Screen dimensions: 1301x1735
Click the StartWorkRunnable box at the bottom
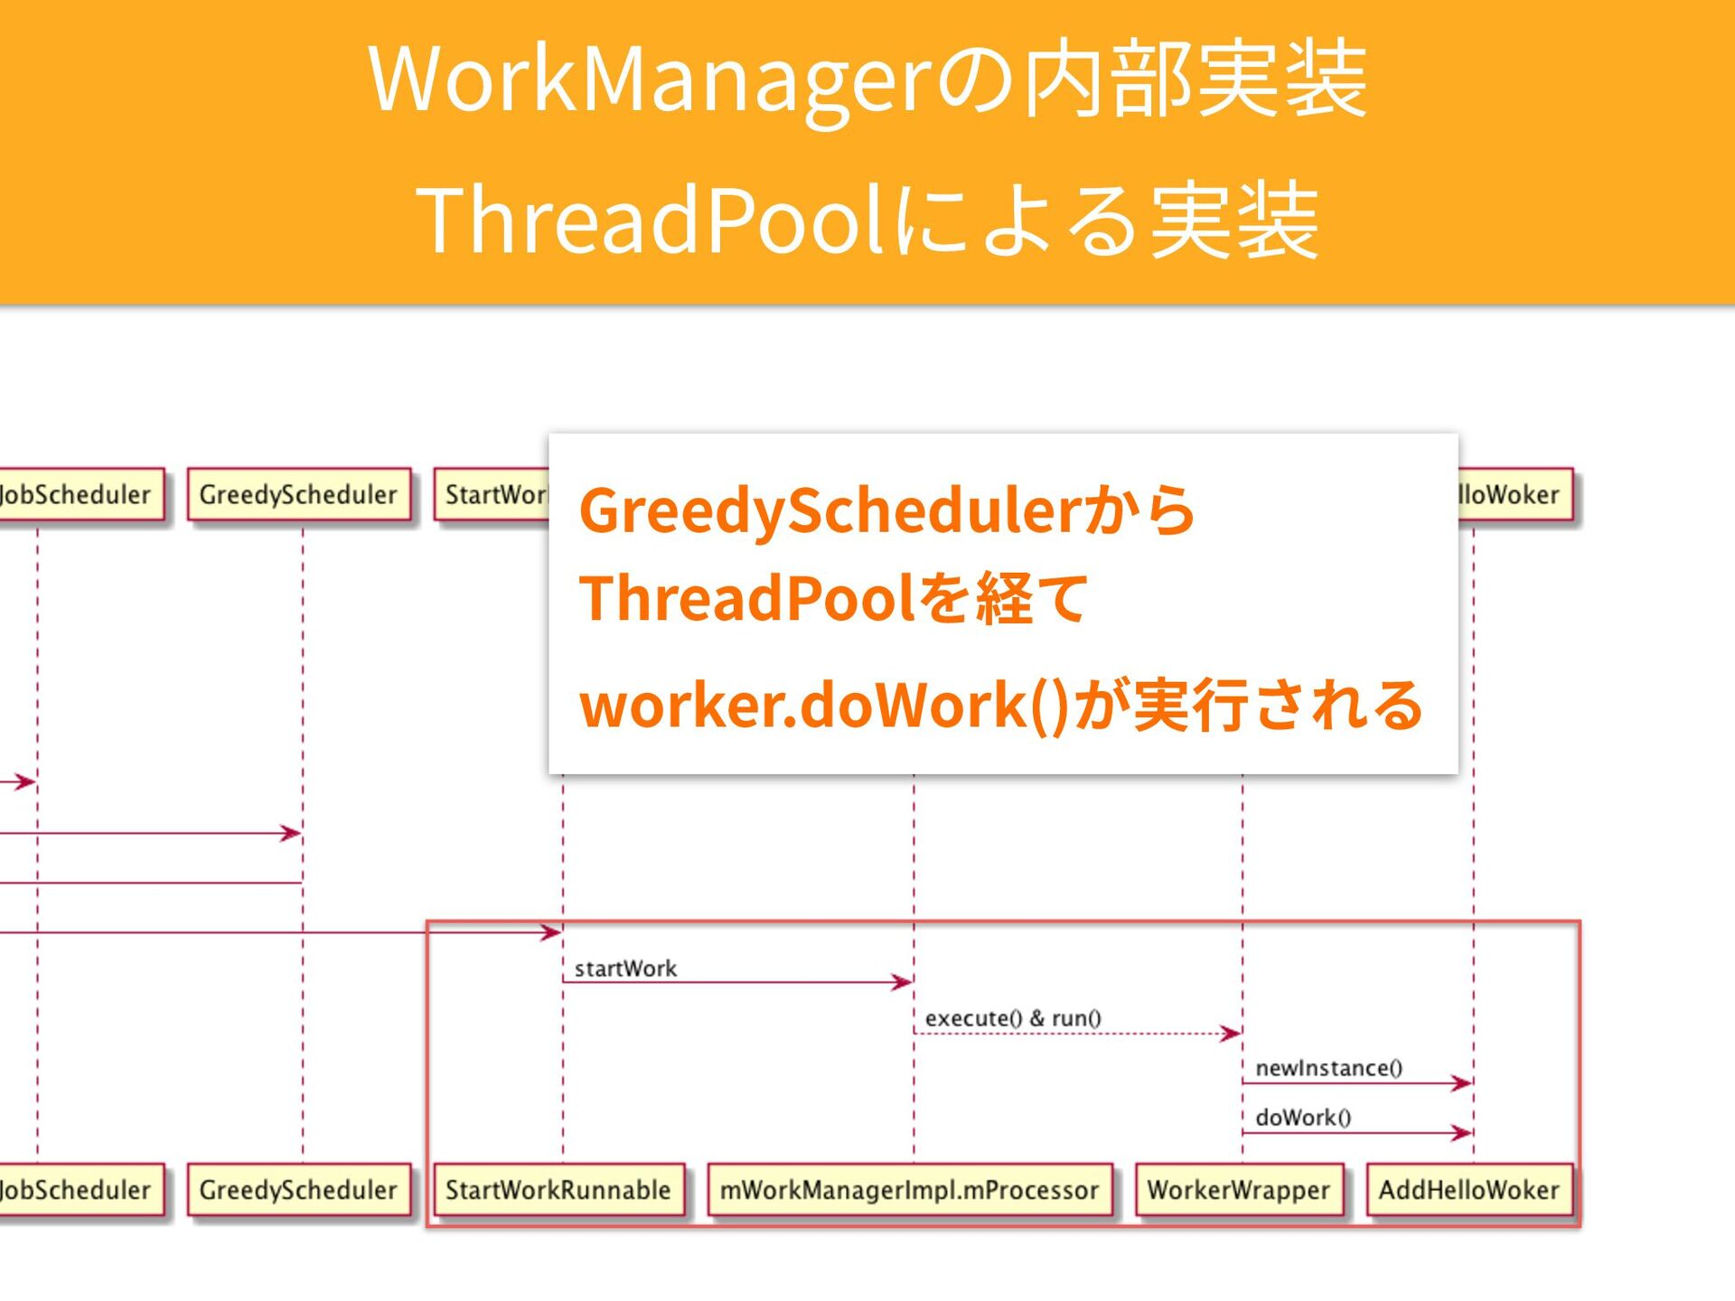pyautogui.click(x=558, y=1190)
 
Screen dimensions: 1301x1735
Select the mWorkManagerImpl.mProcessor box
pyautogui.click(x=909, y=1190)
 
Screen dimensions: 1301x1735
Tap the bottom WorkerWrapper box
pyautogui.click(x=1238, y=1190)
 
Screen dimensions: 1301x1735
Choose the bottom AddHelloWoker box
pyautogui.click(x=1469, y=1190)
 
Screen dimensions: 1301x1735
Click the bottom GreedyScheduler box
pyautogui.click(x=298, y=1190)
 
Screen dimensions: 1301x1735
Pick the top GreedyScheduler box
pyautogui.click(x=298, y=494)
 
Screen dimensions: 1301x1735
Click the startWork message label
pyautogui.click(x=625, y=969)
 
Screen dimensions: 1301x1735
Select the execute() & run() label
pyautogui.click(x=1013, y=1018)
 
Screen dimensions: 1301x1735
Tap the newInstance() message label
pyautogui.click(x=1328, y=1068)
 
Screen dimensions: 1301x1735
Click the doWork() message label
pyautogui.click(x=1303, y=1118)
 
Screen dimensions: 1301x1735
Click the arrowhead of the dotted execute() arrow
pyautogui.click(x=1231, y=1033)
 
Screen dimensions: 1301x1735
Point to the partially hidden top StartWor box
pyautogui.click(x=492, y=494)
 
